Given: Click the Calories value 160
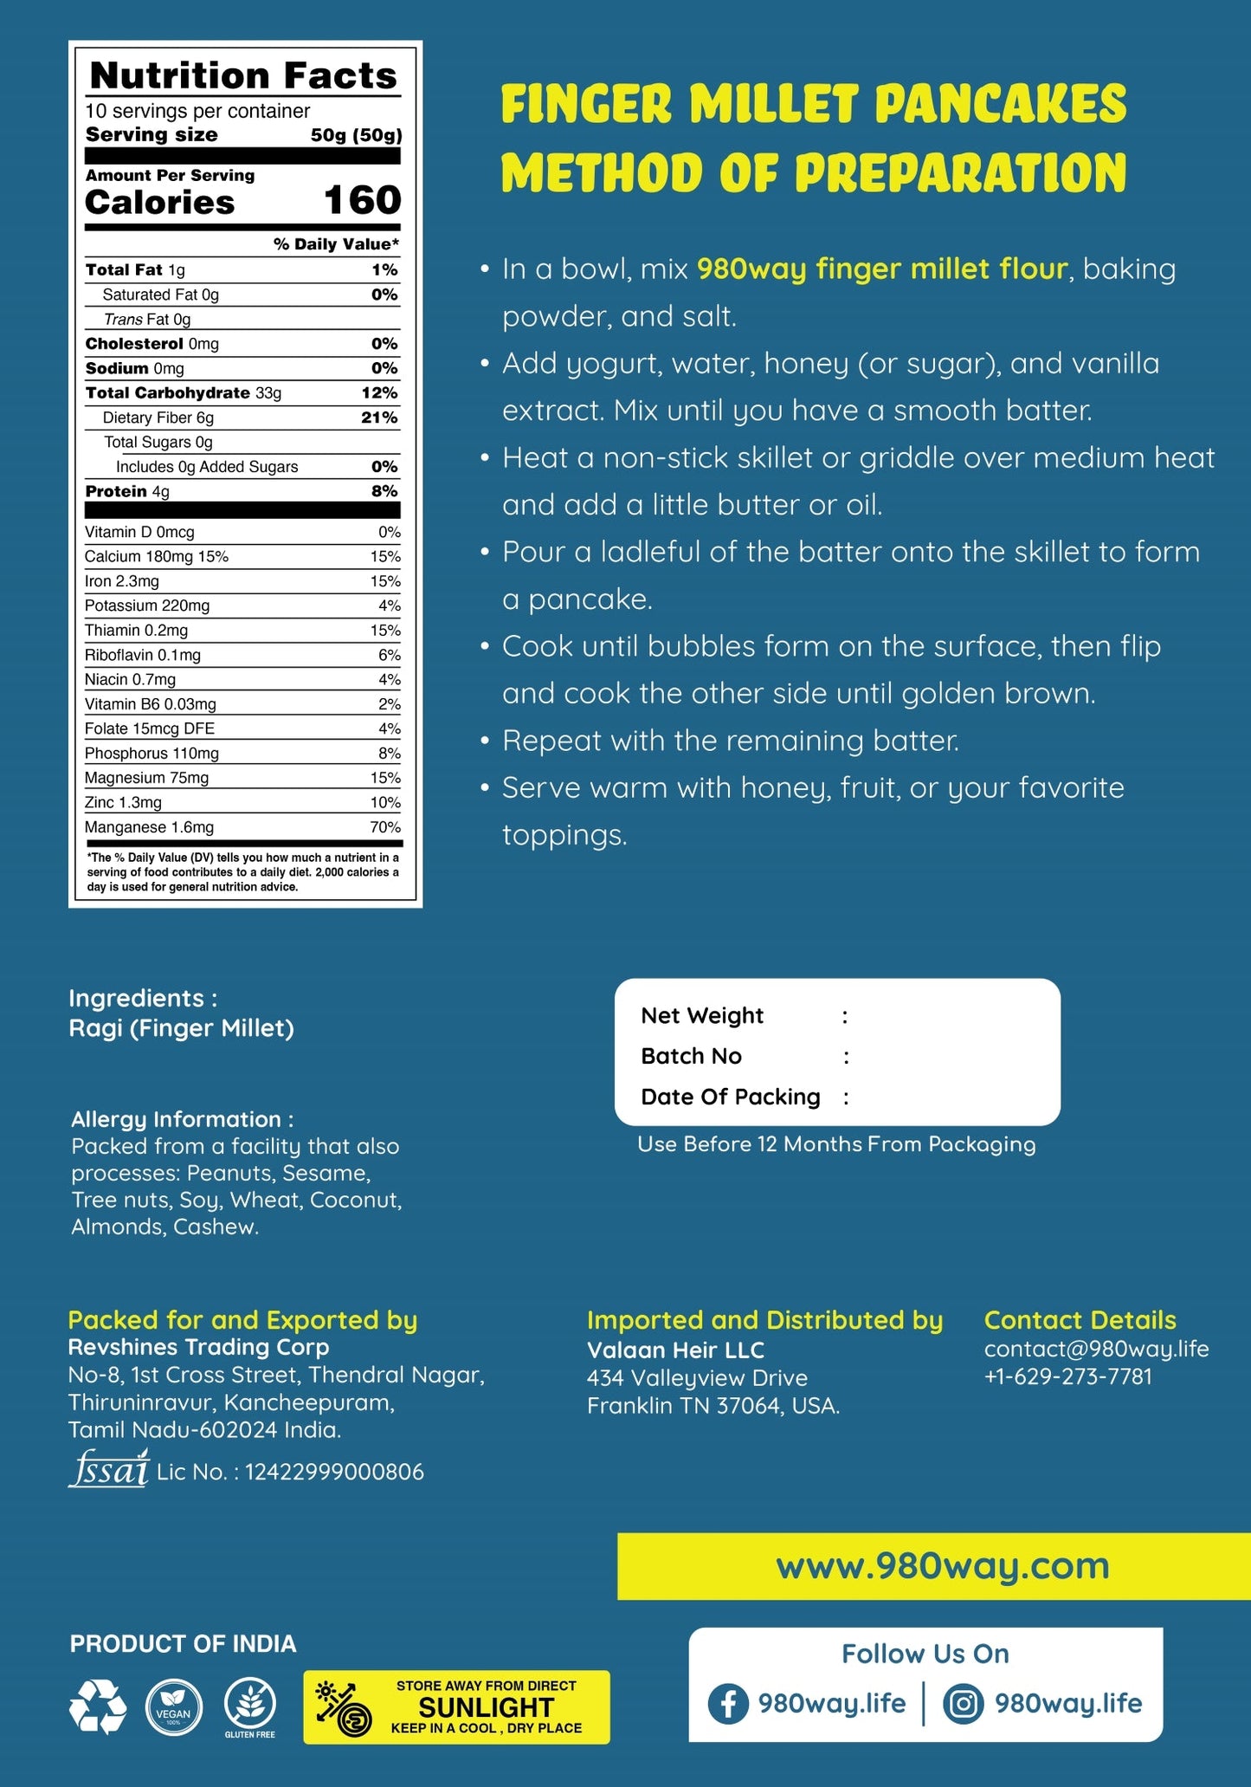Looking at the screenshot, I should [362, 201].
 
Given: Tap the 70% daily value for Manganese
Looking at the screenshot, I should [385, 827].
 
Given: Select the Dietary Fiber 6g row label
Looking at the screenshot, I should [158, 418].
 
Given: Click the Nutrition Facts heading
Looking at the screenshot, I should [243, 76].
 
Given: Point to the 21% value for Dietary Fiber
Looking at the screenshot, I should [379, 418].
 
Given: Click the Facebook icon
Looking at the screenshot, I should [728, 1704].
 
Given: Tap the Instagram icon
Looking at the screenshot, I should [963, 1704].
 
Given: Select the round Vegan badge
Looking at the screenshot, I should [174, 1707].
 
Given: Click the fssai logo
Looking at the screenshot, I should [109, 1469].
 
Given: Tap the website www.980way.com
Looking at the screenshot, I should [942, 1565].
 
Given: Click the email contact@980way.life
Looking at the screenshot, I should [1096, 1349].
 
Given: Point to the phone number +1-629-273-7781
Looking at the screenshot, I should [1067, 1376].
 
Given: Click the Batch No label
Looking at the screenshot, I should [691, 1056].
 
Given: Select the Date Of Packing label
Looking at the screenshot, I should [730, 1097].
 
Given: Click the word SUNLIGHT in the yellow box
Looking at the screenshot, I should [486, 1707].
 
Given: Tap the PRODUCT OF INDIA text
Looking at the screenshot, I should [183, 1643].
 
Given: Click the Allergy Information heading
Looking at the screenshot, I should [182, 1119].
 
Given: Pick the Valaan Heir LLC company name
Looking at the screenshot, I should [675, 1350].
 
